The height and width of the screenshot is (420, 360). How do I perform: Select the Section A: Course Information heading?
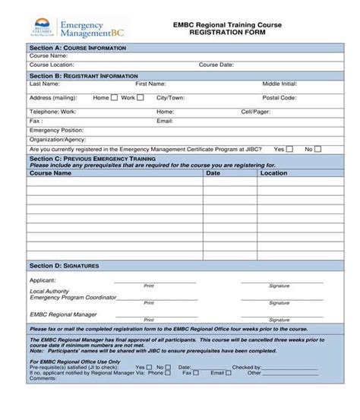point(77,48)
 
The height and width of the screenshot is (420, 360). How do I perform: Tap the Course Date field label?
point(216,65)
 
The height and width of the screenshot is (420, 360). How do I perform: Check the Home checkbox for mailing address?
point(115,98)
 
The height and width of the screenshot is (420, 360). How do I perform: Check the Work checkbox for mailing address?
point(141,98)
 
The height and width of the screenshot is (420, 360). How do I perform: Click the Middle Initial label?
point(279,84)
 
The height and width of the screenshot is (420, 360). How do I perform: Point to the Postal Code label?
point(279,98)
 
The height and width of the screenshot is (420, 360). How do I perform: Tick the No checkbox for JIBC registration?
point(319,150)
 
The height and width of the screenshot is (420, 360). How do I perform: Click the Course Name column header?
point(50,173)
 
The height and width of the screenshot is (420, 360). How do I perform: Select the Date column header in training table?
point(213,173)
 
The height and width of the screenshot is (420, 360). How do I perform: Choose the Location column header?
point(273,173)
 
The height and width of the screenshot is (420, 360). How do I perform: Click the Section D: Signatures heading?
point(65,266)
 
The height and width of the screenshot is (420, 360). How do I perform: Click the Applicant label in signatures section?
point(43,281)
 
